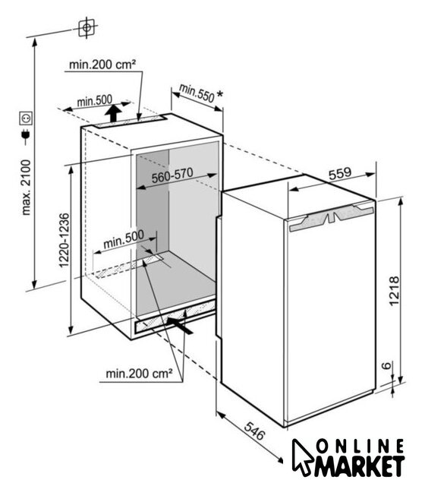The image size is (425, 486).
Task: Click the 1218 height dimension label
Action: [x=394, y=291]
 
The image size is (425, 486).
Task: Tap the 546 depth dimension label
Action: [x=255, y=431]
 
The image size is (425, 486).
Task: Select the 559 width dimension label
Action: [x=340, y=174]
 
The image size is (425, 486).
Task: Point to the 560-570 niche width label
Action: [x=172, y=175]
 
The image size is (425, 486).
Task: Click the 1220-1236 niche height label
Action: [x=64, y=240]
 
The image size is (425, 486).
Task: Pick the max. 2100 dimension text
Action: [x=27, y=188]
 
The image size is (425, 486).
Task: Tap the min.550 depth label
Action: [x=197, y=93]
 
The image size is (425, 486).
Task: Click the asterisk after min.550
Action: [x=219, y=93]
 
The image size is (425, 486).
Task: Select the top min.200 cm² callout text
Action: [x=102, y=65]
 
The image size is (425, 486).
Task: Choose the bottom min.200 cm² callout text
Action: [x=139, y=374]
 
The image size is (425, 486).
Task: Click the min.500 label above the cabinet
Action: [x=94, y=101]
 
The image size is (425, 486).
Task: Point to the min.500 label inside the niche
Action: [x=124, y=238]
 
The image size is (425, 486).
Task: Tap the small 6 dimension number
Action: [x=386, y=366]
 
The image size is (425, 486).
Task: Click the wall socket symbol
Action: [x=26, y=118]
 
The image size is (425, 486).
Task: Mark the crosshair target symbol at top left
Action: [x=87, y=27]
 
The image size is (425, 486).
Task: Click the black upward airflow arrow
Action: [x=113, y=113]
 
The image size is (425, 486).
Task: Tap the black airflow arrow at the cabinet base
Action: [x=179, y=325]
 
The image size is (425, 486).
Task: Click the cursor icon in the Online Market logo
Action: [x=301, y=457]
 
